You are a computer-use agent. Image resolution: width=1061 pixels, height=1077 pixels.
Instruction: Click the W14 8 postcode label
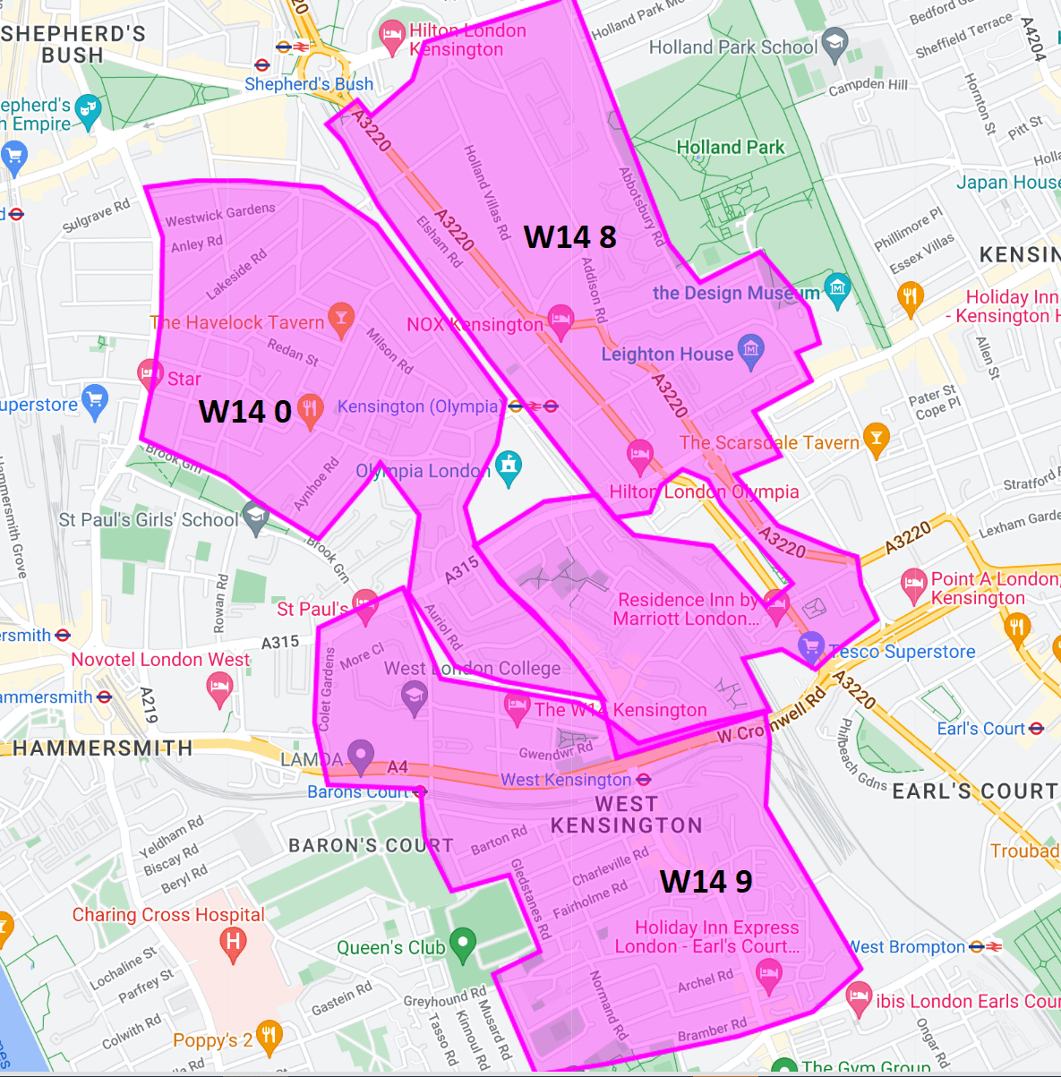click(x=569, y=237)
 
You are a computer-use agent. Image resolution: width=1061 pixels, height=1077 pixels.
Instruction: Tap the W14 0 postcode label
click(x=244, y=412)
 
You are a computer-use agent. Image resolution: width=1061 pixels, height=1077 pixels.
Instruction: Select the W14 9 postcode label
click(x=706, y=882)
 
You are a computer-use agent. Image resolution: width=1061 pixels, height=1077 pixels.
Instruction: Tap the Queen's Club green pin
click(x=462, y=944)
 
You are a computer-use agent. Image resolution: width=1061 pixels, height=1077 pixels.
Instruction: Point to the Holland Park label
click(x=730, y=148)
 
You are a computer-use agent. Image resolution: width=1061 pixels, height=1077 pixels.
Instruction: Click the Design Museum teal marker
click(x=837, y=289)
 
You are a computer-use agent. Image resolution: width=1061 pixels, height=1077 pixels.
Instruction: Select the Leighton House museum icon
click(x=750, y=350)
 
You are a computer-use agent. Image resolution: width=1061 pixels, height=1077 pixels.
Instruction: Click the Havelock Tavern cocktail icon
click(x=340, y=319)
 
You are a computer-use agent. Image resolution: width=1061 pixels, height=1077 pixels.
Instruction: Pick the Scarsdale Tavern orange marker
click(x=876, y=439)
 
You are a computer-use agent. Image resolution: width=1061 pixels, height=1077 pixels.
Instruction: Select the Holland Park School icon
click(x=834, y=44)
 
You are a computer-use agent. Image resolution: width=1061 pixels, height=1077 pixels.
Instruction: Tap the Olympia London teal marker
click(x=509, y=466)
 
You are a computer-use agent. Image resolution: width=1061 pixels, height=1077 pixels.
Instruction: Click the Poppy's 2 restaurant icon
click(x=269, y=1037)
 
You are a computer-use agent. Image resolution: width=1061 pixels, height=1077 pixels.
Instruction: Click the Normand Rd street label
click(x=608, y=1005)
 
